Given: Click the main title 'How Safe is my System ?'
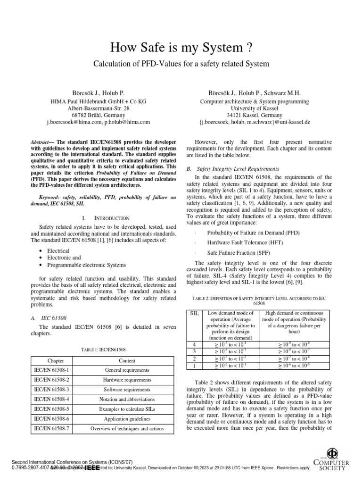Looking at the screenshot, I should click(181, 48).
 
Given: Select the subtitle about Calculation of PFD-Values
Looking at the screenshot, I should click(181, 63).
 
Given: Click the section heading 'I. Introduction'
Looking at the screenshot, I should click(106, 218).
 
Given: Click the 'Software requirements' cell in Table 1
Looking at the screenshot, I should click(127, 390).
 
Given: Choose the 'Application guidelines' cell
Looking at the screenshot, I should click(127, 419).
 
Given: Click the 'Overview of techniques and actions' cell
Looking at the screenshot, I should click(127, 429).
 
